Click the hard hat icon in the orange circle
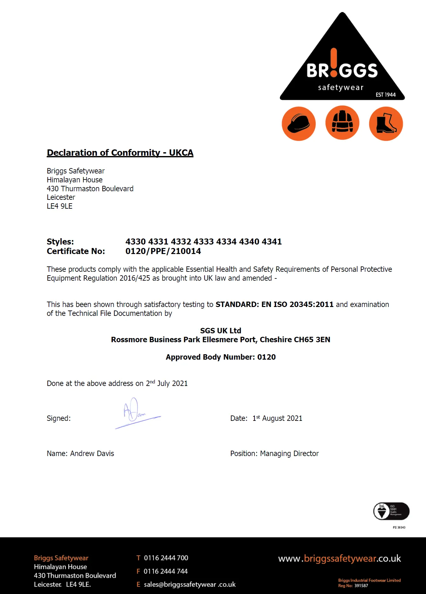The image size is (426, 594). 299,123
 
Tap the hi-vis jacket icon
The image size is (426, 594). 342,123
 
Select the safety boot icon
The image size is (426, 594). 386,123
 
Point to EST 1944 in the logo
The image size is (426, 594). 385,95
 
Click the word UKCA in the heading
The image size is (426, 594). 181,153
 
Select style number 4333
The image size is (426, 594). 203,242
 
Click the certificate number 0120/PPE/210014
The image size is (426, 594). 163,251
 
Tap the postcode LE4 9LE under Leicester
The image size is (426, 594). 60,206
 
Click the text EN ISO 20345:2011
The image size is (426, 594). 297,304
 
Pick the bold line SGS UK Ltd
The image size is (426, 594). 220,330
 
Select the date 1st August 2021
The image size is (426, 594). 277,418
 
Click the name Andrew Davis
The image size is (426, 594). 92,454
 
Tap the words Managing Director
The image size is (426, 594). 289,454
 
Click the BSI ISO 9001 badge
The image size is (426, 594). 391,511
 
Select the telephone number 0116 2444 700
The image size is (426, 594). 166,558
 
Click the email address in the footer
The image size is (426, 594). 190,584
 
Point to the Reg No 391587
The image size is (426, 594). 361,586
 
